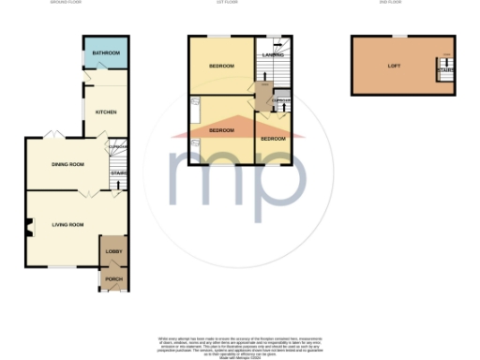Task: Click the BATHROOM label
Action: tap(104, 53)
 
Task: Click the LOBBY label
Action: tap(112, 252)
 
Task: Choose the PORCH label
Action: tap(112, 279)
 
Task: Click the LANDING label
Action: tap(273, 55)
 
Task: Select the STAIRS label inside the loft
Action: tap(445, 68)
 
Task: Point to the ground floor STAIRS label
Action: tap(118, 172)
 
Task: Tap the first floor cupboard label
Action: tap(280, 99)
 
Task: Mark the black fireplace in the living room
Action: tap(29, 225)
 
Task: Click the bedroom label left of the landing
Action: tap(221, 66)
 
